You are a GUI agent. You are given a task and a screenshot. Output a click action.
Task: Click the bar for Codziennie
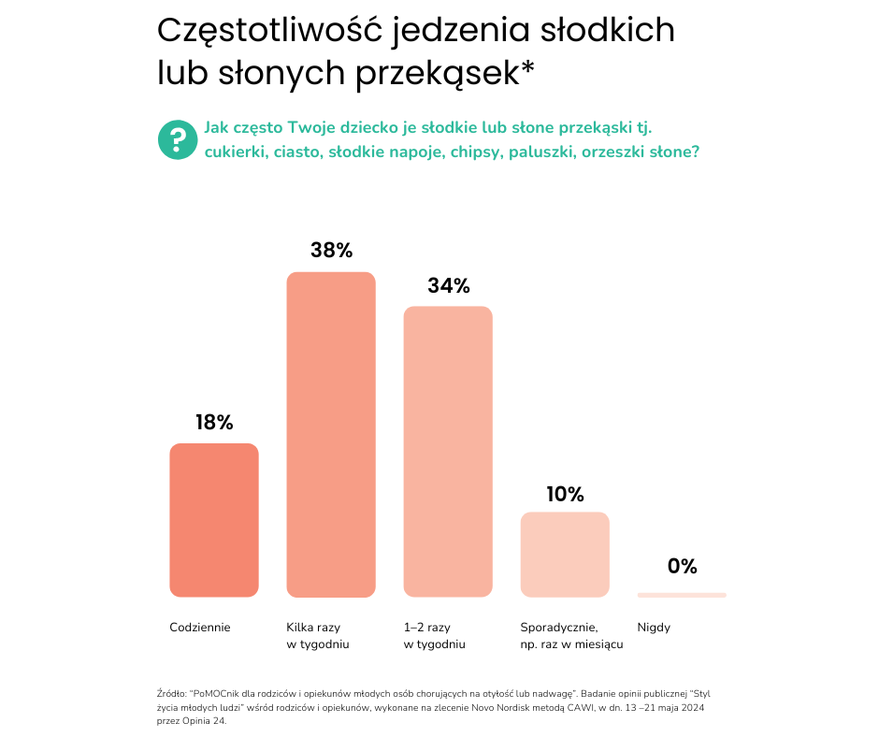click(x=213, y=520)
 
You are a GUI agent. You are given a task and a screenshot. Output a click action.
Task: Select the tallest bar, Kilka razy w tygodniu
click(x=331, y=435)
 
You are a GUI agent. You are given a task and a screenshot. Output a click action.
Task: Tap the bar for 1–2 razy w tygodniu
click(x=448, y=452)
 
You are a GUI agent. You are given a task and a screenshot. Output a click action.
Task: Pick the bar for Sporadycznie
click(x=565, y=555)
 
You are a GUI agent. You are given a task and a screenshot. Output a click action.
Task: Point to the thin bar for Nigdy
click(x=682, y=595)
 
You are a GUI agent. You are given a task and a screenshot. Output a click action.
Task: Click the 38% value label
click(x=331, y=251)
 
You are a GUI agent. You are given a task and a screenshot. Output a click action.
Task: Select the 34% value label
click(x=448, y=286)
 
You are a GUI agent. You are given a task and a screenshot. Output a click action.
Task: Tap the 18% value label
click(x=213, y=423)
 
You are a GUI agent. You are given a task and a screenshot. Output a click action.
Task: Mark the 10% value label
click(x=565, y=494)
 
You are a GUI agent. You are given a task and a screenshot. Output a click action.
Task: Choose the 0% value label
click(x=682, y=567)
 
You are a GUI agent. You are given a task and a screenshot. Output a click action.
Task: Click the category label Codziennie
click(x=200, y=628)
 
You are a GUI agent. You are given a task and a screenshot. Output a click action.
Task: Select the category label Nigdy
click(x=654, y=628)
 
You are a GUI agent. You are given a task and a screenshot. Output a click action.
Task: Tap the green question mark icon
click(x=177, y=140)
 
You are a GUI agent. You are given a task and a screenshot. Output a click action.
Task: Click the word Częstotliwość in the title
click(x=270, y=30)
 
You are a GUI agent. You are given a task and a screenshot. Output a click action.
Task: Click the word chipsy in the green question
click(x=477, y=152)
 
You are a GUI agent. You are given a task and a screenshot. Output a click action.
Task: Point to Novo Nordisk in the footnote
click(x=503, y=709)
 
